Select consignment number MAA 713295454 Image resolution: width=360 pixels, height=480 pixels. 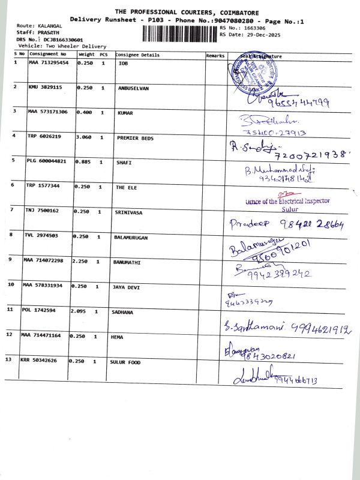(49, 62)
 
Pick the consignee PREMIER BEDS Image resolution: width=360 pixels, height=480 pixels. (135, 138)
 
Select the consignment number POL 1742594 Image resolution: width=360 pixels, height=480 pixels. (46, 311)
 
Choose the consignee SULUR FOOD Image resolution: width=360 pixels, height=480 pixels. (125, 362)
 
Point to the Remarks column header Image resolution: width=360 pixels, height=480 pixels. (215, 55)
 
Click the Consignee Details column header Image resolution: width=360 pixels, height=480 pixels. (137, 55)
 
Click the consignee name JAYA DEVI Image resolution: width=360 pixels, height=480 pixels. (127, 287)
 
